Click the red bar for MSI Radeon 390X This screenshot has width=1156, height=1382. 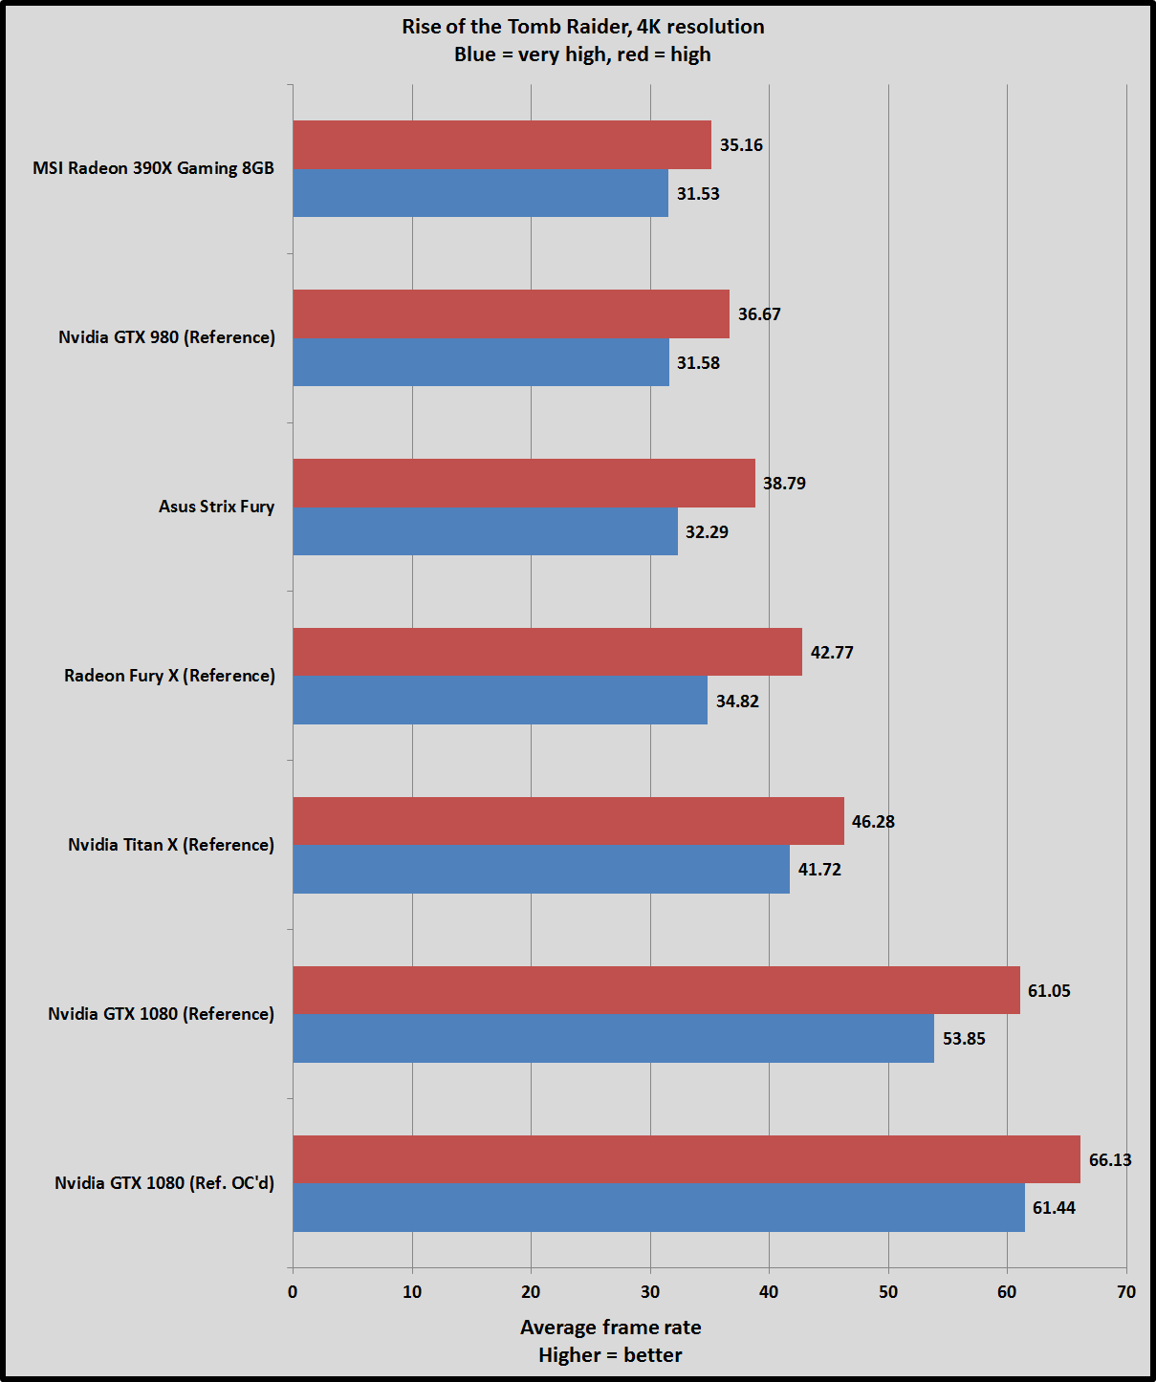point(502,144)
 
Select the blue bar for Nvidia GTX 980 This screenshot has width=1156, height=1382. point(481,362)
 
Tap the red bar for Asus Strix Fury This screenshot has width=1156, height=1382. point(524,483)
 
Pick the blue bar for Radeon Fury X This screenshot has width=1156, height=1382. point(500,701)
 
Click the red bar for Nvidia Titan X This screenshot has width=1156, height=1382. point(568,821)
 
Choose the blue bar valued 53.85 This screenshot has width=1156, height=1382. point(613,1038)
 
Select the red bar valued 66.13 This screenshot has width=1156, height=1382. point(687,1159)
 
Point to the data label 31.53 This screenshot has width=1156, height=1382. point(698,194)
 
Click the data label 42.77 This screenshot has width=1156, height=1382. point(832,653)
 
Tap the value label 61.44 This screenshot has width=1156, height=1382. point(1054,1208)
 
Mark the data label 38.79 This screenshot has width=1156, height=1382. point(784,484)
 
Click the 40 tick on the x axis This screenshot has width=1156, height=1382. point(769,1292)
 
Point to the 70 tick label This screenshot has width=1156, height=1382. point(1126,1292)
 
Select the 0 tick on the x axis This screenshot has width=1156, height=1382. point(293,1292)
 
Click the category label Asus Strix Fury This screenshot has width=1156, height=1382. point(216,507)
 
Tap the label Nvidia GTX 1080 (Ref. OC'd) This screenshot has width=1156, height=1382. point(164,1183)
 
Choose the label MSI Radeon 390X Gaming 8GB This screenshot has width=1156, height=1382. point(153,168)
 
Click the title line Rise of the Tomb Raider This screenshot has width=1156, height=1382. point(582,27)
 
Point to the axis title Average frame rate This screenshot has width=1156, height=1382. point(610,1328)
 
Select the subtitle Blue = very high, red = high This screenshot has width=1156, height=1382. point(582,54)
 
